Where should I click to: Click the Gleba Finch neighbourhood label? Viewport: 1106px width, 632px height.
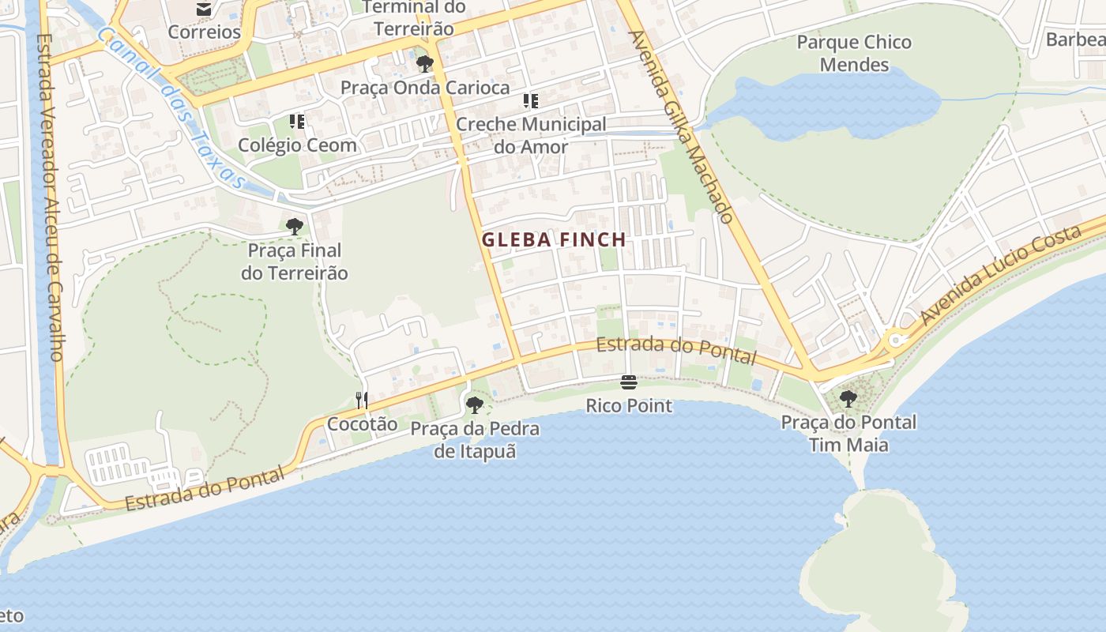554,239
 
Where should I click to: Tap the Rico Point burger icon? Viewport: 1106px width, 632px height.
629,383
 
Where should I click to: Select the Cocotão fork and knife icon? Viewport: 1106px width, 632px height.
362,401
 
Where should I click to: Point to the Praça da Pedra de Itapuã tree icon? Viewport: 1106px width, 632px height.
475,405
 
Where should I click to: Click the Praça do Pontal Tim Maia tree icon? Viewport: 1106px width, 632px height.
848,399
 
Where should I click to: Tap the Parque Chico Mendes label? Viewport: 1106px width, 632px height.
854,53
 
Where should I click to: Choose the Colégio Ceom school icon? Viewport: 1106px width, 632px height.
297,122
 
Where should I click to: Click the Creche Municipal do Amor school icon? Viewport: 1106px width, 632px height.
531,100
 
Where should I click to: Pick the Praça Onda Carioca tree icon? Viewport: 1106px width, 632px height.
425,64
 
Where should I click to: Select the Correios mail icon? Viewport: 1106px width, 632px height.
204,9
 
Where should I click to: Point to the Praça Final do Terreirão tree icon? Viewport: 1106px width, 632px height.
295,227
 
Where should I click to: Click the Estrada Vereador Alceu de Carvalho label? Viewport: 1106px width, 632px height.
49,197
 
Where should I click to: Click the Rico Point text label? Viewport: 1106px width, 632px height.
629,406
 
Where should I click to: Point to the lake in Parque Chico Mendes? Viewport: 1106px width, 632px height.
829,103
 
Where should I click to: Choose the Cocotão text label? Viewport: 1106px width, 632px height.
363,423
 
